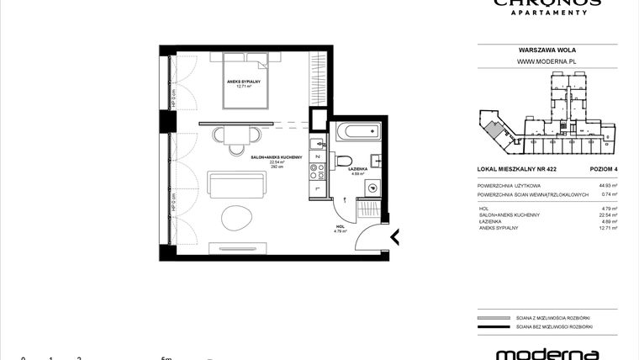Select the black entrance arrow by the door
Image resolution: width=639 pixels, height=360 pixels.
[393, 238]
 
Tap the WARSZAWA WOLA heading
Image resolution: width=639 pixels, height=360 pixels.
[547, 50]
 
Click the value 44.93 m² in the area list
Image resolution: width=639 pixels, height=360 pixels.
[608, 185]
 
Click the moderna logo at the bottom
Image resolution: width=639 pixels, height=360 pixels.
[547, 353]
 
